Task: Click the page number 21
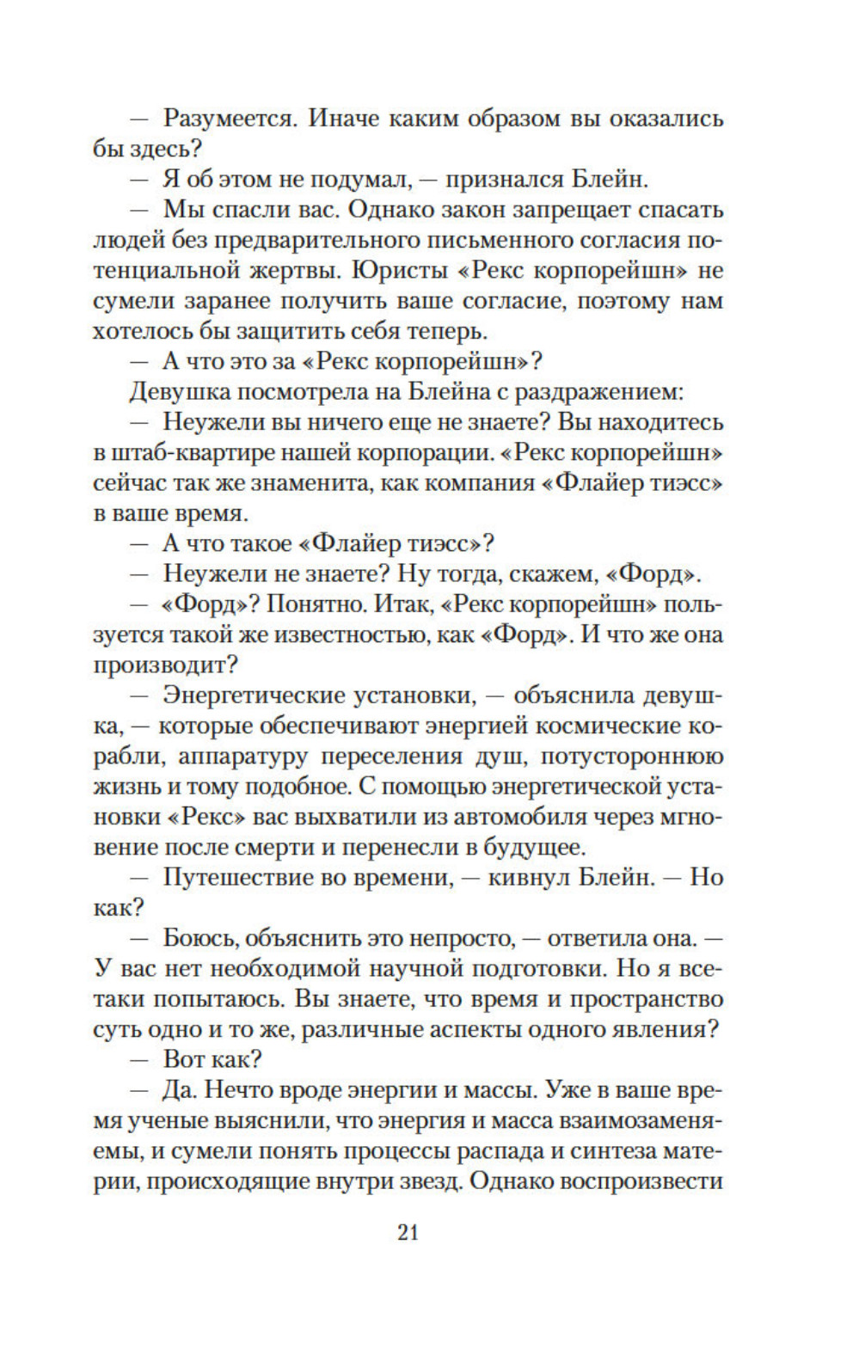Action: click(408, 1231)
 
